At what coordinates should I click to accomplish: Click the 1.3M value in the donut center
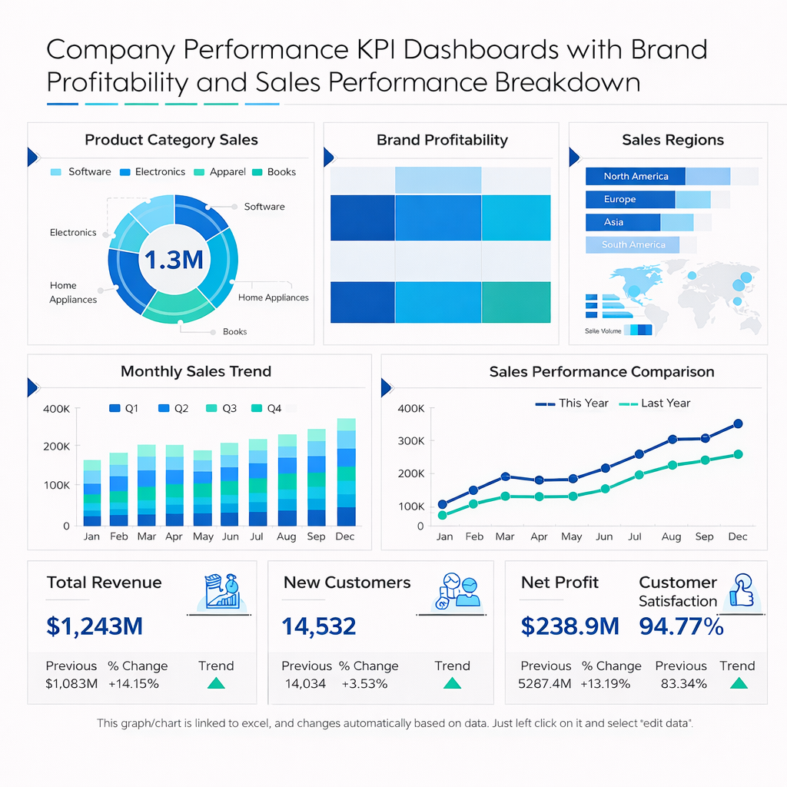click(x=174, y=260)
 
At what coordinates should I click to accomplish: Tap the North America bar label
click(x=636, y=177)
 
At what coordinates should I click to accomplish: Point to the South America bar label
click(x=633, y=245)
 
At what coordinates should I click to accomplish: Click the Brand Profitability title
click(x=442, y=140)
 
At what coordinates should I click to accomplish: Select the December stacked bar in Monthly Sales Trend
click(x=346, y=472)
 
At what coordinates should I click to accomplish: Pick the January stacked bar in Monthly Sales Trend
click(x=92, y=493)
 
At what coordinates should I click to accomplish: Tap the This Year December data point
click(x=738, y=423)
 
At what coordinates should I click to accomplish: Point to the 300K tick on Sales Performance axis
click(x=410, y=441)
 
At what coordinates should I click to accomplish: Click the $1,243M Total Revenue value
click(x=95, y=626)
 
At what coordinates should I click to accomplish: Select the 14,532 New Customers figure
click(x=319, y=626)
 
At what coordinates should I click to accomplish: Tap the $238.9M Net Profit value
click(x=569, y=626)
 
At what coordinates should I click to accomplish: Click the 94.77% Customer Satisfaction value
click(x=681, y=626)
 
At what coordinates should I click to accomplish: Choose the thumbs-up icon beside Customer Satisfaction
click(x=742, y=591)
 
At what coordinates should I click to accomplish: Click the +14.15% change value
click(x=133, y=683)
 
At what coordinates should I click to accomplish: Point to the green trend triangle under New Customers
click(x=452, y=683)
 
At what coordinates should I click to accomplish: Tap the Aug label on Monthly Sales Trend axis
click(x=286, y=536)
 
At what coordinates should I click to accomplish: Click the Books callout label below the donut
click(x=234, y=332)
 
